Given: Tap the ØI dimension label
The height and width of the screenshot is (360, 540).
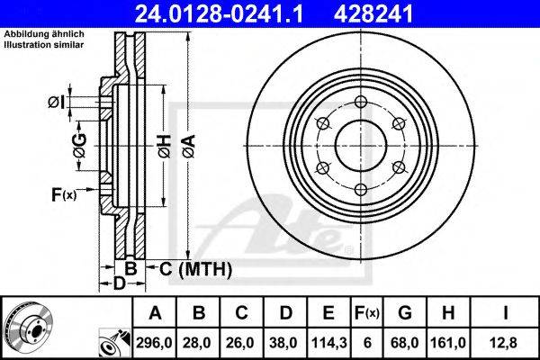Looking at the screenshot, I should (x=57, y=102).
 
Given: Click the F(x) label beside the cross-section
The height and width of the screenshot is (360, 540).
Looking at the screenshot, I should (x=64, y=193).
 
